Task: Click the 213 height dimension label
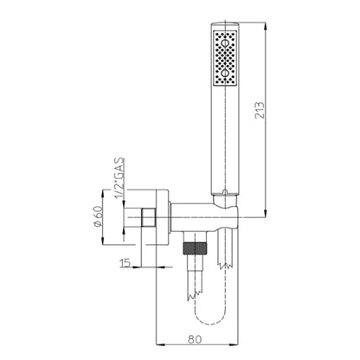[260, 109]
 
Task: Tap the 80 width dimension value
[195, 339]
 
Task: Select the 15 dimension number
[125, 262]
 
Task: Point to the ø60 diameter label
[98, 215]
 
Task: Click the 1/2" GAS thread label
[119, 178]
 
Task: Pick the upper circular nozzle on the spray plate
[225, 43]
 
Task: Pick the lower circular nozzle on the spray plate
[225, 74]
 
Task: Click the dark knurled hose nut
[195, 248]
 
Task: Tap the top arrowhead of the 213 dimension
[266, 27]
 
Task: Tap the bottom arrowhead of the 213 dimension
[266, 213]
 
